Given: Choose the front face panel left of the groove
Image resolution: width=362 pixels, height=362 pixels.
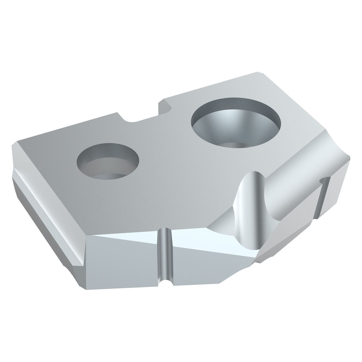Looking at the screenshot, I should [x=122, y=260].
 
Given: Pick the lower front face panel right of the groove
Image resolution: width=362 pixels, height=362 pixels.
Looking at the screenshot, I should [x=198, y=269].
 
